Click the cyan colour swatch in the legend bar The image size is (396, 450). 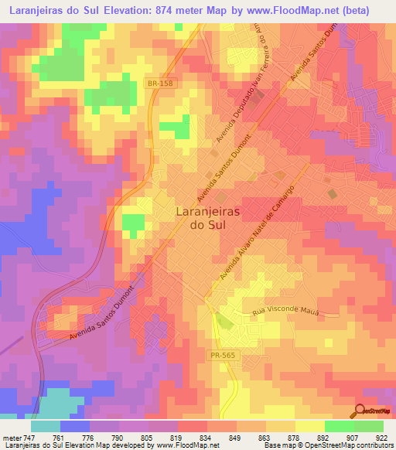pyautogui.click(x=46, y=425)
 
